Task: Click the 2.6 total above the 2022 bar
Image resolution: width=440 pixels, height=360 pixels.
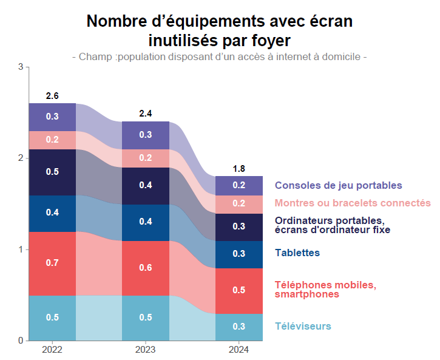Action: coord(52,96)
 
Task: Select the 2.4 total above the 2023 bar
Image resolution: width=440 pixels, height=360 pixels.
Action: coord(146,114)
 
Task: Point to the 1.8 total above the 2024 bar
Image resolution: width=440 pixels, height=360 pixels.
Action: coord(239,168)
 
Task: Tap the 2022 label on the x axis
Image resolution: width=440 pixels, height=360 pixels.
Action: coord(52,350)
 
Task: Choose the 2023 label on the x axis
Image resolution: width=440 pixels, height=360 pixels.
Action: coord(146,350)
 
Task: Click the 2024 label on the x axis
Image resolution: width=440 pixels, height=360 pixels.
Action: coord(239,350)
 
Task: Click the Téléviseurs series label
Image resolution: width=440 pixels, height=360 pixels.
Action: coord(303,327)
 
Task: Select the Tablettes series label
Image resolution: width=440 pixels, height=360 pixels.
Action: coord(297,253)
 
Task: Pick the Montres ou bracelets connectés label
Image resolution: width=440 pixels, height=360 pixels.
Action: coord(353,203)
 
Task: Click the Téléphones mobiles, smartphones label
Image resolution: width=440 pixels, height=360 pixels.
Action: coord(325,290)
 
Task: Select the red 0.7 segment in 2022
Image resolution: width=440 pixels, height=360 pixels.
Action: coord(52,263)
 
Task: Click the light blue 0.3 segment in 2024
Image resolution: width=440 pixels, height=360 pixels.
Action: coord(239,327)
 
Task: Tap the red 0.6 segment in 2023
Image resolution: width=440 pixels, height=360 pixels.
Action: coord(146,268)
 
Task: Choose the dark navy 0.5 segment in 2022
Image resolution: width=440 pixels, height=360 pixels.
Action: coord(52,172)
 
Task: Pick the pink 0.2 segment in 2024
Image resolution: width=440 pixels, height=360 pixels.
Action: coord(239,204)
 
